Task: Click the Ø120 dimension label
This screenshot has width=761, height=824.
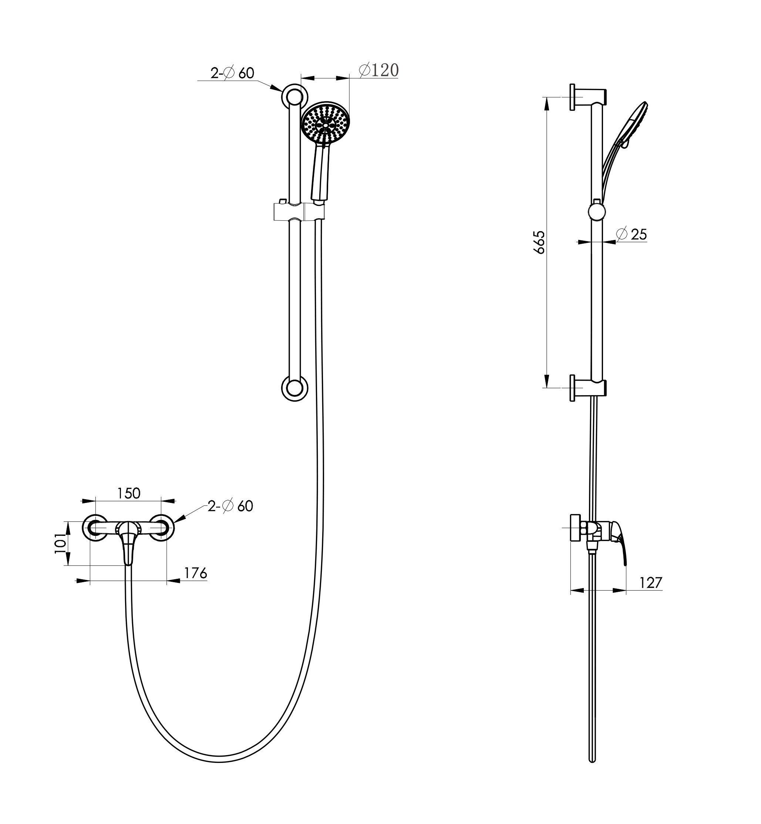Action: click(x=378, y=70)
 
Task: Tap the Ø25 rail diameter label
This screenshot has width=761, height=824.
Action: click(x=632, y=234)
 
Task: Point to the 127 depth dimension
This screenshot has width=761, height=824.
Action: click(x=651, y=583)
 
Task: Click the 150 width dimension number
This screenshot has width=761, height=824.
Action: click(x=129, y=493)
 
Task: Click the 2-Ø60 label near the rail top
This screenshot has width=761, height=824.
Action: click(x=232, y=73)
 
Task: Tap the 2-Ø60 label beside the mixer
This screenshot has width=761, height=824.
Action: click(x=230, y=506)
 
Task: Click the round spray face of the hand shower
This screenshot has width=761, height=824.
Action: click(x=325, y=123)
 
